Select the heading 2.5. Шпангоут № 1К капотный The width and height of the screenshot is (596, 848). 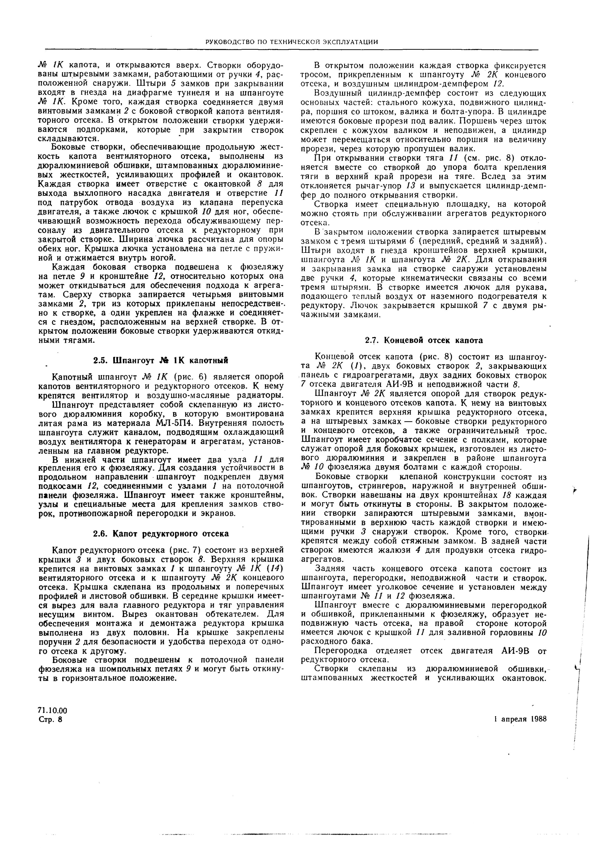(x=160, y=360)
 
